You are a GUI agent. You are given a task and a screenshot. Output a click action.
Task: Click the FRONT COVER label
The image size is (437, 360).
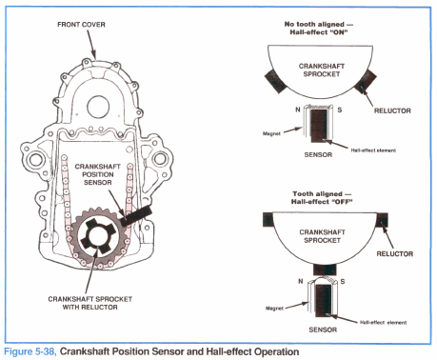[81, 25]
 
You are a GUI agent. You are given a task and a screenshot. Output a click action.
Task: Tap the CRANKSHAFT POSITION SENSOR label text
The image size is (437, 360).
[98, 174]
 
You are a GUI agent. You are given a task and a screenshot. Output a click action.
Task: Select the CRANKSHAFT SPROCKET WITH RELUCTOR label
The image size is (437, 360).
[90, 303]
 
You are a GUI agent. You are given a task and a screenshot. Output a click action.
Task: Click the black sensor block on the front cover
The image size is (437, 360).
[136, 215]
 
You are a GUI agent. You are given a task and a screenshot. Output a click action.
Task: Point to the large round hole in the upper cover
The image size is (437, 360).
[98, 107]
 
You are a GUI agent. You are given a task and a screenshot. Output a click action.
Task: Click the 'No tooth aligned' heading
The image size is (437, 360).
[319, 28]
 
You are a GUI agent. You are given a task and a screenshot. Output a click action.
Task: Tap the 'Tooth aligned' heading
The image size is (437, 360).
[322, 197]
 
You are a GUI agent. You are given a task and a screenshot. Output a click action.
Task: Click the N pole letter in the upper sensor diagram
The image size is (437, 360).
[298, 110]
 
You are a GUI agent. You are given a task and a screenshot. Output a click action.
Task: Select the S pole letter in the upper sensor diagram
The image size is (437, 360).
[340, 110]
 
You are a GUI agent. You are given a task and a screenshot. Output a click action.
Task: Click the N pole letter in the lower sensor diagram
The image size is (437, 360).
[301, 281]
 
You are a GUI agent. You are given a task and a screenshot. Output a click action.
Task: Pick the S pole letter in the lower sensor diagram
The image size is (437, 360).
[343, 282]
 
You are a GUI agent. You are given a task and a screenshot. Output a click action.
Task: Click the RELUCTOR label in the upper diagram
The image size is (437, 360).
[392, 110]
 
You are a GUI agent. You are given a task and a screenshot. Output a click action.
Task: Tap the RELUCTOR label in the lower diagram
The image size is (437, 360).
[395, 253]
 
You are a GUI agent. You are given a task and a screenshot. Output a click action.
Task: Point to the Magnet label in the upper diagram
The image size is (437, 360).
[271, 133]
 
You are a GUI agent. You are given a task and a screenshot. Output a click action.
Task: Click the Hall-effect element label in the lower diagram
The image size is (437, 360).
[383, 323]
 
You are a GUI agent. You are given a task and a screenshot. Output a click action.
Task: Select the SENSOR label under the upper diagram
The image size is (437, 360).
[318, 154]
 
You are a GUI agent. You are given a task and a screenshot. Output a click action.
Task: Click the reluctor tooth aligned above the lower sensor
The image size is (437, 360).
[325, 270]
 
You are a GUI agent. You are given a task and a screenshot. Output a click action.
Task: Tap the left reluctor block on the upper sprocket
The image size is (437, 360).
[276, 81]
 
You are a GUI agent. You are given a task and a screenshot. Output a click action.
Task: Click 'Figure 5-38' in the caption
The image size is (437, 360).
[30, 351]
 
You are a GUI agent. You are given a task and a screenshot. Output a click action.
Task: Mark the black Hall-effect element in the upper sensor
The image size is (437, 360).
[319, 126]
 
